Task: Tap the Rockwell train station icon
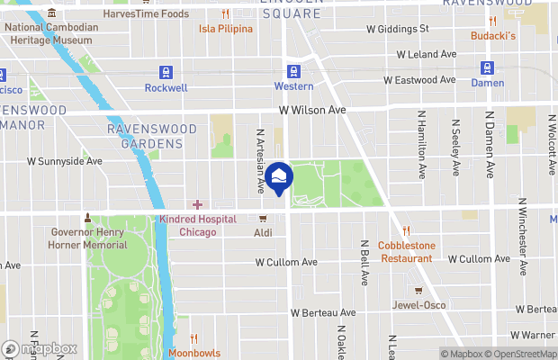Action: pos(166,72)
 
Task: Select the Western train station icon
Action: pos(293,71)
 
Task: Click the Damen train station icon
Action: pos(487,67)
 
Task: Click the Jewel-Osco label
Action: pos(418,304)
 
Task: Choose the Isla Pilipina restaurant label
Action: pos(226,28)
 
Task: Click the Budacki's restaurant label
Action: pos(492,35)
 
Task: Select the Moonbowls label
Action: pos(193,353)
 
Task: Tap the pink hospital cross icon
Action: pos(197,205)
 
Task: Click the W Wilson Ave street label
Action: pos(312,110)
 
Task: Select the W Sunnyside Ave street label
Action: pos(64,161)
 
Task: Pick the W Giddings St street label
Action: pos(397,29)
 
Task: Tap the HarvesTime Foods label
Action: pos(146,13)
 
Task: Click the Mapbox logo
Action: pos(40,349)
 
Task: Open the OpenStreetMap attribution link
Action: pos(524,354)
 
